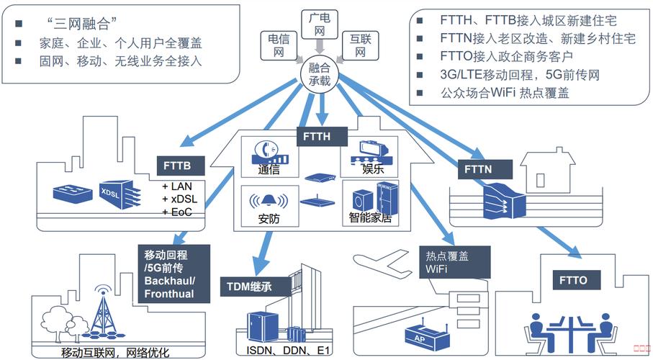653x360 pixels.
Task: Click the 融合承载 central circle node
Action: point(319,73)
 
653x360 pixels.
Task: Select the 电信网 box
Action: point(279,45)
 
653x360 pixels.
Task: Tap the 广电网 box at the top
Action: point(318,23)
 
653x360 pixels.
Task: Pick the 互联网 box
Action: point(358,45)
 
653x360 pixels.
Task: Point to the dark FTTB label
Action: point(183,166)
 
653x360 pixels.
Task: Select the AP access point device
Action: point(418,336)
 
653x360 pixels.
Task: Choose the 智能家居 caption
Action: point(369,217)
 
